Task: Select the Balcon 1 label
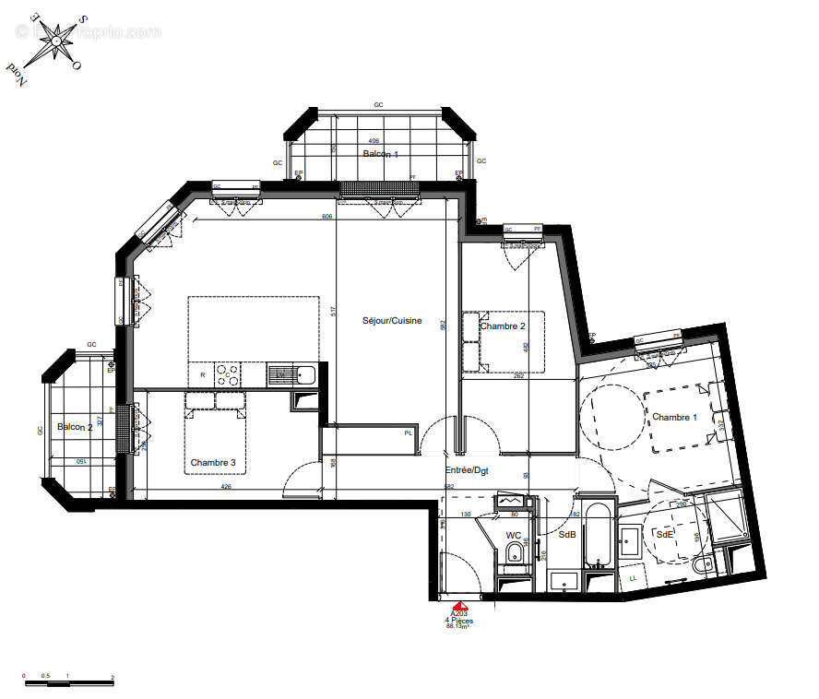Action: click(380, 154)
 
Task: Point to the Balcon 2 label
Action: click(75, 427)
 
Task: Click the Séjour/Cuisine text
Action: click(392, 321)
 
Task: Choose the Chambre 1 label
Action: click(675, 417)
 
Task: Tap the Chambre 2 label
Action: click(503, 326)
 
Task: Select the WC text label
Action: click(514, 535)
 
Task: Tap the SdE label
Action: click(663, 535)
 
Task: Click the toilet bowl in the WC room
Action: click(514, 554)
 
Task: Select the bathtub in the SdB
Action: click(598, 535)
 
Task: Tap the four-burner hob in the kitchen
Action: click(228, 374)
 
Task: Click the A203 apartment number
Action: click(458, 613)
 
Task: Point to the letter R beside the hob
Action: click(203, 375)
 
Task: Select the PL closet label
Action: click(407, 433)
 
